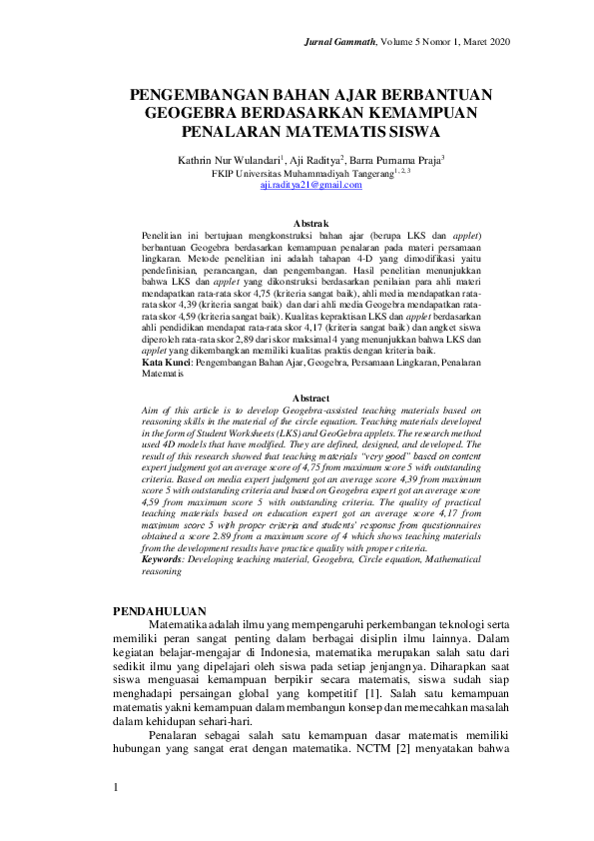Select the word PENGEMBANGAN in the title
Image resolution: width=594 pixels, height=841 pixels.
point(196,95)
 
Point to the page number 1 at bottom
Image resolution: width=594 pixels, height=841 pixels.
point(116,788)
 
